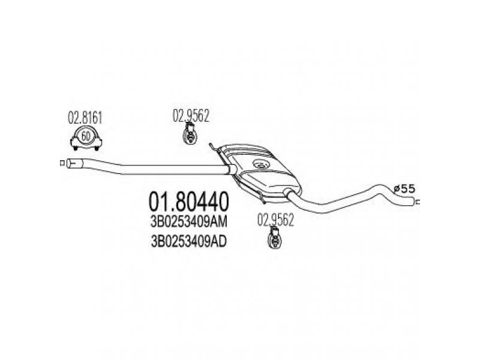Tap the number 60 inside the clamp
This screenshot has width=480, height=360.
click(x=86, y=135)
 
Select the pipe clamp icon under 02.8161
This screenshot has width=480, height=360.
click(x=85, y=137)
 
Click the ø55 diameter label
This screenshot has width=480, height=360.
click(x=405, y=189)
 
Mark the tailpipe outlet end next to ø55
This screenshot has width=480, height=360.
click(x=414, y=202)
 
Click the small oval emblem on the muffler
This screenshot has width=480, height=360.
click(x=260, y=164)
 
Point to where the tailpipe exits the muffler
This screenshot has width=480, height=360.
click(x=288, y=193)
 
